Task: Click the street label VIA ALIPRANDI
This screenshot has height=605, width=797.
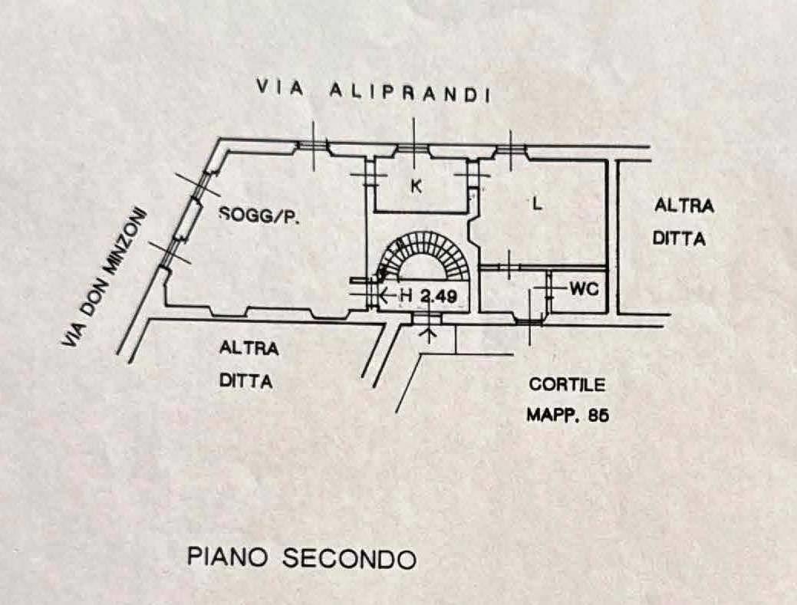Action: (373, 91)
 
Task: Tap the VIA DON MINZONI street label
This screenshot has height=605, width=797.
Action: (104, 278)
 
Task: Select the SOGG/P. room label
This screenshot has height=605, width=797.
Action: (260, 215)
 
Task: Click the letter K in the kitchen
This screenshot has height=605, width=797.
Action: (417, 187)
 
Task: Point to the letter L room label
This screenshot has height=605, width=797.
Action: (537, 204)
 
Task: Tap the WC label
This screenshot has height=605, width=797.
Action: (584, 289)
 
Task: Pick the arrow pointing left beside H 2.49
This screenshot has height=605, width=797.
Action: (388, 294)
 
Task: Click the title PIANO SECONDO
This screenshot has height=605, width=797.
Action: (302, 557)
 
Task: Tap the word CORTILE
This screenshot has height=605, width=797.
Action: (567, 384)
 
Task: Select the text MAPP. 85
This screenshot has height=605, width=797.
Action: (567, 415)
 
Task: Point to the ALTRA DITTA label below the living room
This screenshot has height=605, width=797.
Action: (249, 364)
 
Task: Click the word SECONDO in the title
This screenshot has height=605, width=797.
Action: (349, 558)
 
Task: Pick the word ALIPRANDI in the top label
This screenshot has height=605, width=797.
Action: (410, 93)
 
